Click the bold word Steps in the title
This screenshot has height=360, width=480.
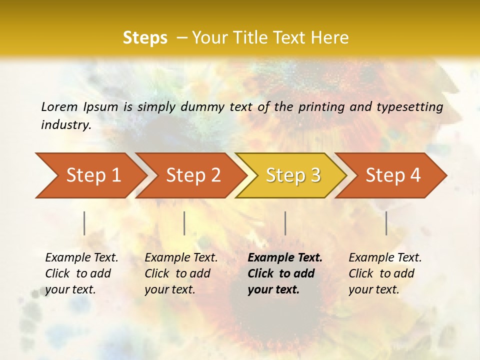pyautogui.click(x=145, y=38)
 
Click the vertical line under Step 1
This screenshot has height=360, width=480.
pyautogui.click(x=84, y=223)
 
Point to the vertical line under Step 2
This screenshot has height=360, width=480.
pyautogui.click(x=184, y=223)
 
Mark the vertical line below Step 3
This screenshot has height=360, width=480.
pyautogui.click(x=285, y=223)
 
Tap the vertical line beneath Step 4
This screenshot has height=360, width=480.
pyautogui.click(x=386, y=223)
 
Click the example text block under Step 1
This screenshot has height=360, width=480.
pyautogui.click(x=81, y=273)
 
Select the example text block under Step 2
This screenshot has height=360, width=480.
pyautogui.click(x=181, y=273)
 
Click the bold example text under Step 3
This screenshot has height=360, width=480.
pyautogui.click(x=285, y=273)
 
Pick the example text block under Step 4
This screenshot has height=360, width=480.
pyautogui.click(x=385, y=273)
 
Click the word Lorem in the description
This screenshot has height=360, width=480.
pyautogui.click(x=59, y=106)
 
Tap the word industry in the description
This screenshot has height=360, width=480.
pyautogui.click(x=66, y=124)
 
